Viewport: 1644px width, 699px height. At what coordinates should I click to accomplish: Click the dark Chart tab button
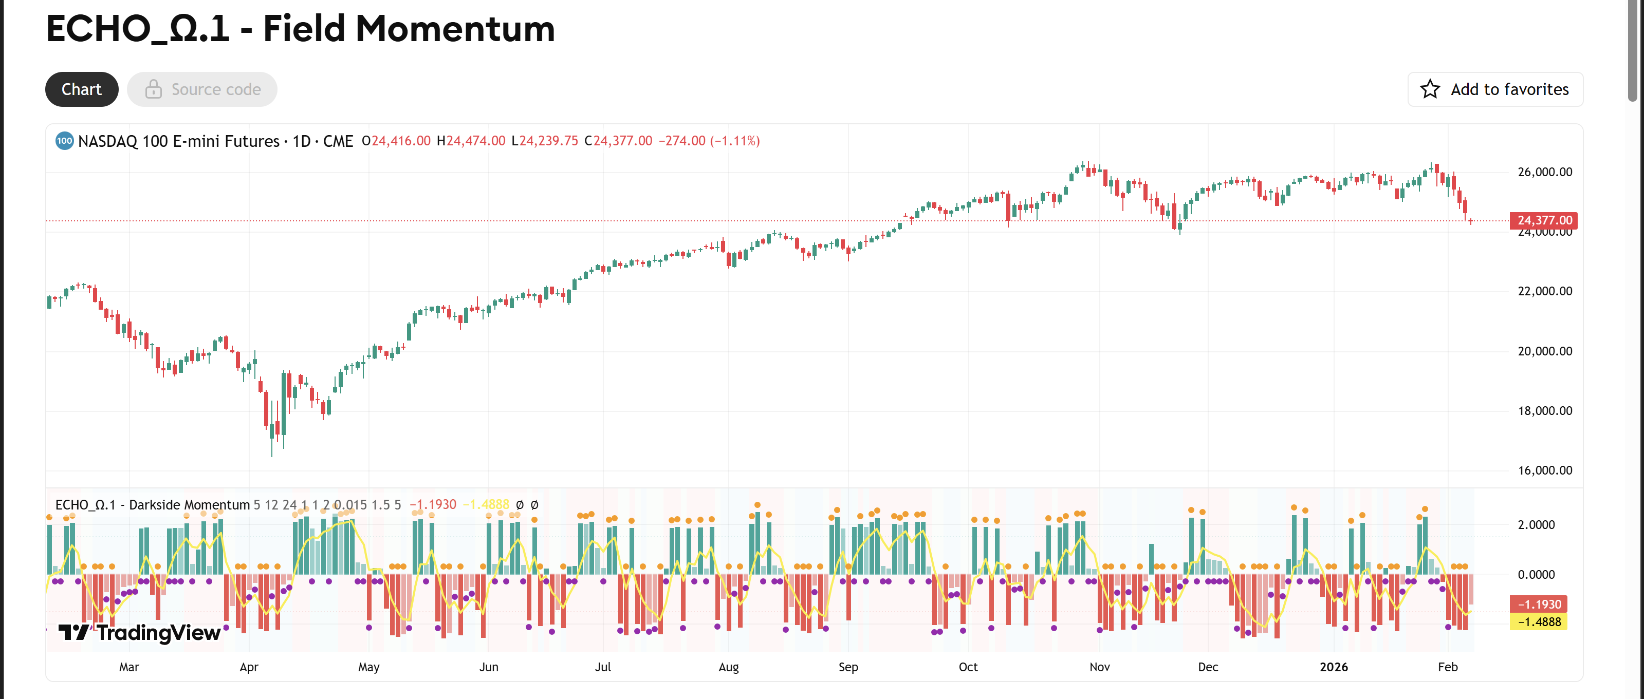82,89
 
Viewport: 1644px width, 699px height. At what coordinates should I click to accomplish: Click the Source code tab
202,89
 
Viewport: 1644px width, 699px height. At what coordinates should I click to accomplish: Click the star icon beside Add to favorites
1430,89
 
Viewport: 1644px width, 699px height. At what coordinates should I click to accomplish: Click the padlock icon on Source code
153,89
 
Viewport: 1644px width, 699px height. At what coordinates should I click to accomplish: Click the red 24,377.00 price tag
1543,220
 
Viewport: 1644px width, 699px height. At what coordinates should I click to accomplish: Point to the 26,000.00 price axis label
1544,172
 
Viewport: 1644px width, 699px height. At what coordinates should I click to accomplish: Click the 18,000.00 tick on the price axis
1544,411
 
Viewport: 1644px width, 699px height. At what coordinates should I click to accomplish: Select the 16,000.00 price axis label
1544,470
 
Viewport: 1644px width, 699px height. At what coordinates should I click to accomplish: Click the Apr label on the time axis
248,667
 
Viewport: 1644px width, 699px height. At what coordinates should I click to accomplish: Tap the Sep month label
847,667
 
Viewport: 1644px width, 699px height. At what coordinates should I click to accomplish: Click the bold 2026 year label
1333,667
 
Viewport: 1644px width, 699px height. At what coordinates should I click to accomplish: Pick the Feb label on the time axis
1448,667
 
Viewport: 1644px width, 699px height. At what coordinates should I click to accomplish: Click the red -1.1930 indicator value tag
1539,604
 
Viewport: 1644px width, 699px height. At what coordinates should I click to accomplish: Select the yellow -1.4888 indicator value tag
1539,622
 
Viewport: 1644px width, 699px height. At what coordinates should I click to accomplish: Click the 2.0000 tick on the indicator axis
1536,525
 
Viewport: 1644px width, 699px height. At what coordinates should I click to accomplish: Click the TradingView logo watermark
140,632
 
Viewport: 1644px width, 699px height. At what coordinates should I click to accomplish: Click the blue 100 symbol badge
64,141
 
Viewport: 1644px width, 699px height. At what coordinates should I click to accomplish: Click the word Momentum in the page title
454,29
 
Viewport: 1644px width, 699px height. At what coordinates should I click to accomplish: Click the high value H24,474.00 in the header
471,141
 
